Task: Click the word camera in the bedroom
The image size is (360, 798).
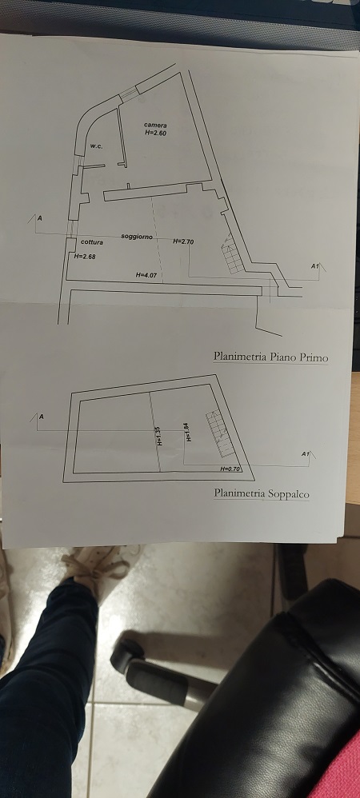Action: coord(155,126)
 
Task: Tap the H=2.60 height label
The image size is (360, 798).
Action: coord(156,133)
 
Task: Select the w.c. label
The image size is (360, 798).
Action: coord(97,146)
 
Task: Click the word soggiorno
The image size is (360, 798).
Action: coord(137,237)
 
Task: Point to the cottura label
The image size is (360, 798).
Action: coord(92,242)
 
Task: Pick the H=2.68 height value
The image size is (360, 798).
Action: coord(85,257)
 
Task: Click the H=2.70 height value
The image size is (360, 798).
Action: coord(183,241)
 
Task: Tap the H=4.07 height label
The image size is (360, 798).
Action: coord(146,275)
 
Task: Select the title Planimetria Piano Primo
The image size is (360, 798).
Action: coord(270,357)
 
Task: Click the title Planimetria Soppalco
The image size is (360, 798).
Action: coord(262,493)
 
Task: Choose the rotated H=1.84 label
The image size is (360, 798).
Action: coord(188,432)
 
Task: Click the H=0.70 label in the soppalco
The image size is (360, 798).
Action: coord(230,469)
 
